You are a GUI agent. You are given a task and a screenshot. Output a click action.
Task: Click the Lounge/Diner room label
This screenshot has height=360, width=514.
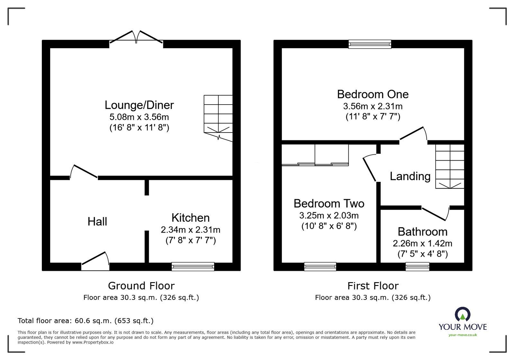(139, 105)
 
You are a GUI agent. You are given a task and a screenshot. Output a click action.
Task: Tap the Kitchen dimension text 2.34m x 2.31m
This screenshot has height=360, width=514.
(190, 230)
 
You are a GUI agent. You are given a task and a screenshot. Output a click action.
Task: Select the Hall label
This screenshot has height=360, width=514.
(97, 221)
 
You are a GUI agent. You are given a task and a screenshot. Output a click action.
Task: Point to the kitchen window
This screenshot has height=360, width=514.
(193, 266)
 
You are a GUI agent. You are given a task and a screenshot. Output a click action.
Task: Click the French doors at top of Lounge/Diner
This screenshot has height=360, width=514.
(136, 38)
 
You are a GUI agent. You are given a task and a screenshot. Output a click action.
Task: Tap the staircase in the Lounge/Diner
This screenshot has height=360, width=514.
(218, 116)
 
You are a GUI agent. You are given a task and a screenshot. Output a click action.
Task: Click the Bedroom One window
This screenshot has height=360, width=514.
(370, 44)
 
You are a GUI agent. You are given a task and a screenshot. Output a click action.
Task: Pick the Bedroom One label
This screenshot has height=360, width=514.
(373, 94)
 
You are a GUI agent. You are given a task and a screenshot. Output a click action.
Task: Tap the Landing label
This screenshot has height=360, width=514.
(410, 176)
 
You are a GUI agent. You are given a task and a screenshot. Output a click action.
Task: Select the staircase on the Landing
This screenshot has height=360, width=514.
(450, 166)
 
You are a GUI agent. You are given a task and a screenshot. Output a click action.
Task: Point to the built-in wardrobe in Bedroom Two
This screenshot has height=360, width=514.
(315, 155)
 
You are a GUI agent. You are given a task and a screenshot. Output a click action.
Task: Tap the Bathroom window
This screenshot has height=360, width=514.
(417, 266)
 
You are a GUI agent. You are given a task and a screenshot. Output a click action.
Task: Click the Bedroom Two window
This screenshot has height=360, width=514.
(320, 266)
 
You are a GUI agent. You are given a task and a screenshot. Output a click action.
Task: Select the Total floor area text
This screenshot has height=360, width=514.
(86, 321)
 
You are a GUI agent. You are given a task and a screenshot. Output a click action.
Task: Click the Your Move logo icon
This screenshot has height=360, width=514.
(463, 314)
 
